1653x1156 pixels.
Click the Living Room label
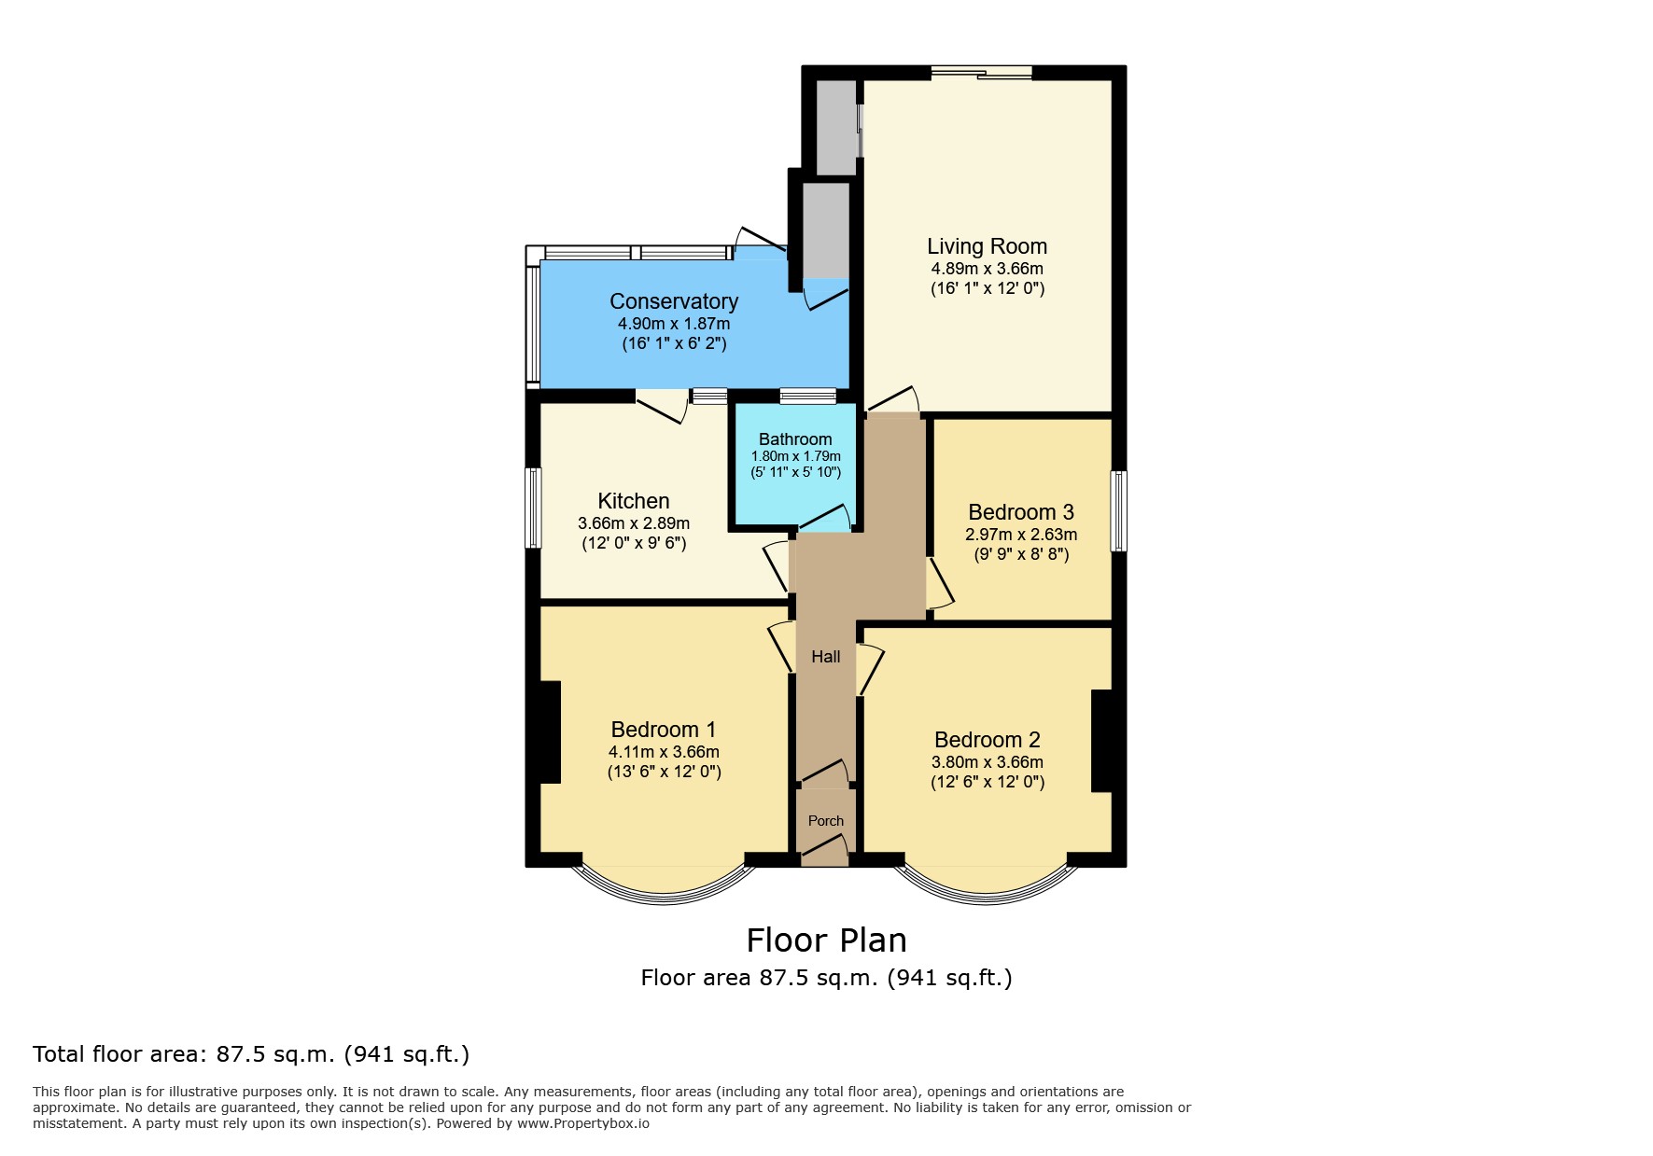[x=987, y=246]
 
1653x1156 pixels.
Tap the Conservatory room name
[x=674, y=301]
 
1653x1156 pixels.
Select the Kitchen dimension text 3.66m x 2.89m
[x=634, y=523]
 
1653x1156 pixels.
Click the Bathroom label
[x=795, y=439]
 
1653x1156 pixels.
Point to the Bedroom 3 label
[x=1021, y=512]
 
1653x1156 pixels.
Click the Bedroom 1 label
[x=664, y=730]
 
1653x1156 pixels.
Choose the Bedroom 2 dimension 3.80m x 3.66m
[x=988, y=762]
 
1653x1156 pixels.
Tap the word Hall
[x=826, y=657]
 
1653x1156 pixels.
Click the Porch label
[x=826, y=821]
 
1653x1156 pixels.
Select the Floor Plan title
[x=826, y=940]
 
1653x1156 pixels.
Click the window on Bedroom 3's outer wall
[x=1118, y=511]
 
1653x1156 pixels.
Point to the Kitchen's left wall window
[x=534, y=508]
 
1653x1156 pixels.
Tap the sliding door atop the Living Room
[x=981, y=73]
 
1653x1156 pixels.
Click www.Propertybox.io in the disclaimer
[x=583, y=1123]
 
